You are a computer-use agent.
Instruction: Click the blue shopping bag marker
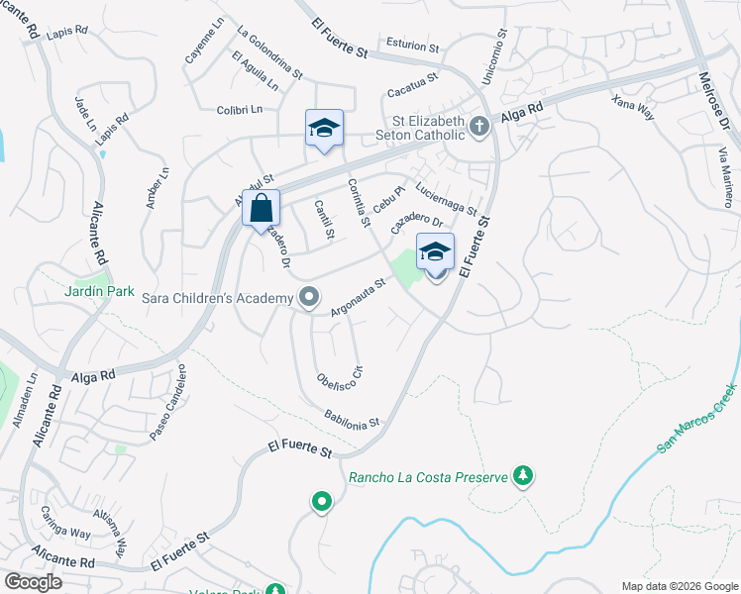[x=261, y=210]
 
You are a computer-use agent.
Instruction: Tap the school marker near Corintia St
[x=324, y=130]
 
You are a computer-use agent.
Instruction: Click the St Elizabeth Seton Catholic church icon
[x=479, y=126]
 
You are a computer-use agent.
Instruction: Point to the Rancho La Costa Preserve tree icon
[x=522, y=476]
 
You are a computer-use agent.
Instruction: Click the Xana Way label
[x=633, y=107]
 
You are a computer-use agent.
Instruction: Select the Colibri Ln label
[x=239, y=109]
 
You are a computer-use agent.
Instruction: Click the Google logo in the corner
[x=33, y=582]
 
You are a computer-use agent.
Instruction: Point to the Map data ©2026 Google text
[x=680, y=586]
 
